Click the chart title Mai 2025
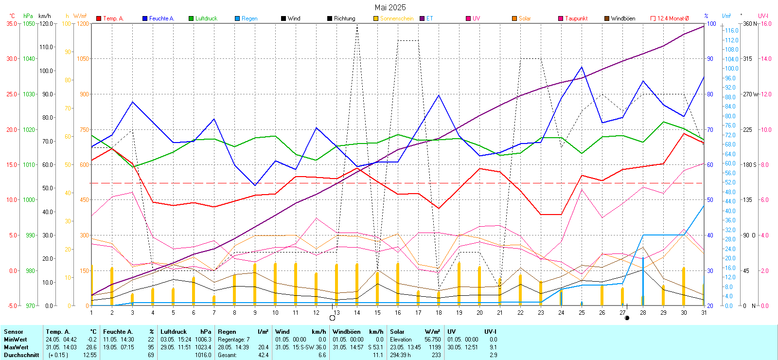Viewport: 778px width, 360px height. click(390, 7)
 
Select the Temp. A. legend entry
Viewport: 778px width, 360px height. click(113, 18)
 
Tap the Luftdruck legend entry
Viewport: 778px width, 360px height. click(206, 18)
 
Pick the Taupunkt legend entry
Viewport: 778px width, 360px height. click(576, 18)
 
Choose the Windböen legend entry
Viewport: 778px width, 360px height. click(622, 18)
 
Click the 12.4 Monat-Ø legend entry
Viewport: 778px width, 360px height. click(672, 18)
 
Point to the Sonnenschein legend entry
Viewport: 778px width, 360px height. click(396, 18)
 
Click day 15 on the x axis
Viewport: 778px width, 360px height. click(377, 313)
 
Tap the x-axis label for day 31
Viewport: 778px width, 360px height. click(704, 313)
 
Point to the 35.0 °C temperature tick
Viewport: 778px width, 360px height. click(12, 23)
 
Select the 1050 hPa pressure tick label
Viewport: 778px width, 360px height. click(29, 23)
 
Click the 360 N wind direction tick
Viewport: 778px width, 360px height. click(750, 23)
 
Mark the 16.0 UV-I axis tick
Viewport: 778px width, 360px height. click(766, 23)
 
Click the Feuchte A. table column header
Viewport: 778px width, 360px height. click(118, 332)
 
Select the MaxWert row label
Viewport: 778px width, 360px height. click(16, 347)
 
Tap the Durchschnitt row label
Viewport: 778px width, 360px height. click(21, 355)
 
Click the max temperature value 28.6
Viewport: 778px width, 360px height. click(91, 347)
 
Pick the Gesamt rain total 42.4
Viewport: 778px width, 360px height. click(263, 355)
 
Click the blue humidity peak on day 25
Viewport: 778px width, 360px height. click(582, 67)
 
